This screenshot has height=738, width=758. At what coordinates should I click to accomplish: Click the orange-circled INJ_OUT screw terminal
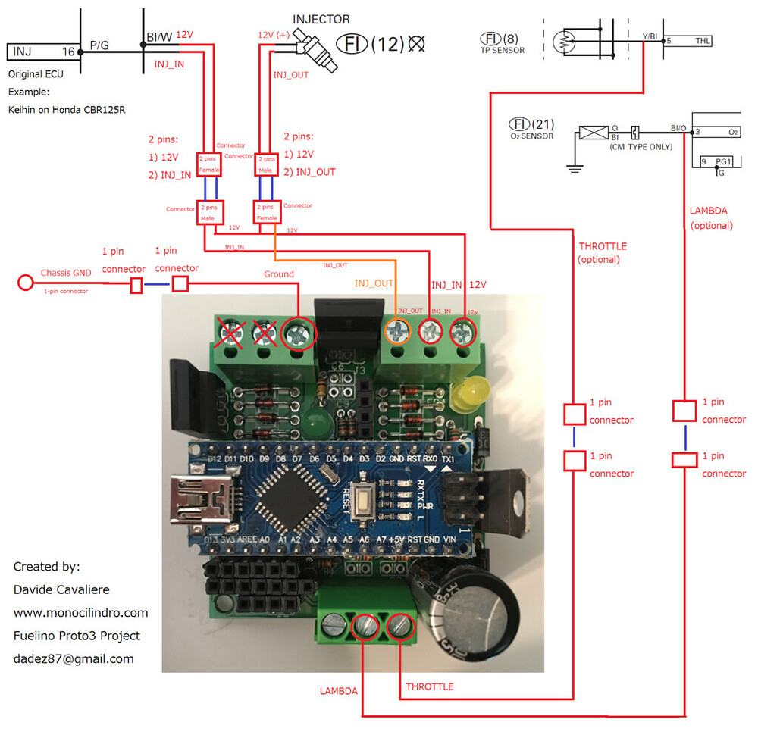coord(397,332)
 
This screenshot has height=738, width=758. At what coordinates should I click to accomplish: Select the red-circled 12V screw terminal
coord(463,332)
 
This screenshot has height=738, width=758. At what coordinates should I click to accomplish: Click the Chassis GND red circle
coord(25,283)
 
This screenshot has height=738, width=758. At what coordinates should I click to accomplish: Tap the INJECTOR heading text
coord(321,19)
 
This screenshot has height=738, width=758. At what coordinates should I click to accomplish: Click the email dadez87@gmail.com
coord(74,658)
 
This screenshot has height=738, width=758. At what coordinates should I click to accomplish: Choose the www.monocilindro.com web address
coord(80,612)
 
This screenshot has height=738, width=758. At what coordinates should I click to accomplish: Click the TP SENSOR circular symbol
coord(565,40)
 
